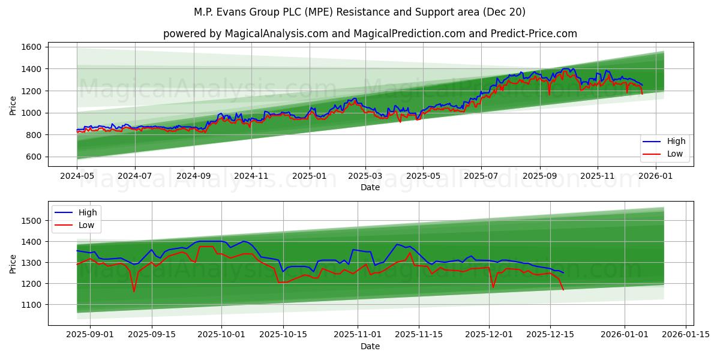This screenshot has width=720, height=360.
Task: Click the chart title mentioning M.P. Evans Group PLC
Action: pos(359,12)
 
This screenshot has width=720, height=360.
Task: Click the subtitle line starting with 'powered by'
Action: pos(370,34)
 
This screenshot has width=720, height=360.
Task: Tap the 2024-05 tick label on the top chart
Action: pos(76,176)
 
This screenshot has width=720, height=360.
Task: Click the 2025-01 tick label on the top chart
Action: pos(310,176)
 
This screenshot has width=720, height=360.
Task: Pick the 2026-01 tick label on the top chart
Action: pos(656,176)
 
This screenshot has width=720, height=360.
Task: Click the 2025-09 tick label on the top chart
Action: pos(539,176)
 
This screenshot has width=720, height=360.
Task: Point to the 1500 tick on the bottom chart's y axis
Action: pos(32,221)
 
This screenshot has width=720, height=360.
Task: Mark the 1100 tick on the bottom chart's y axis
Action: pos(32,305)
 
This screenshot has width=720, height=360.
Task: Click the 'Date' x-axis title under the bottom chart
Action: pos(370,347)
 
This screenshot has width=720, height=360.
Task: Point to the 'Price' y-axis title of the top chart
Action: pos(13,104)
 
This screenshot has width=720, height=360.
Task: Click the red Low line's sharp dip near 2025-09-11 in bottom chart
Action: pos(134,292)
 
